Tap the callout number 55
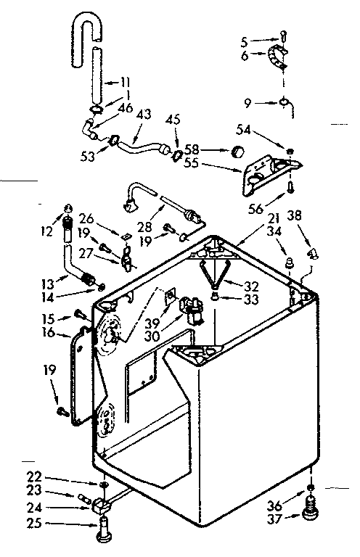192,165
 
